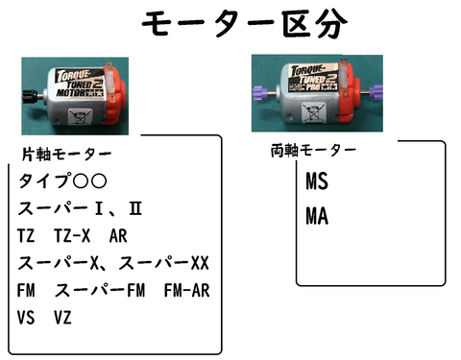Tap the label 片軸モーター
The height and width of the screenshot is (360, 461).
pos(66,154)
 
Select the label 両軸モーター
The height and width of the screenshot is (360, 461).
pos(314,151)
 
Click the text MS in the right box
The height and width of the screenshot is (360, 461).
pos(317,181)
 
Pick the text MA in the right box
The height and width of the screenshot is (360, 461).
pos(317,217)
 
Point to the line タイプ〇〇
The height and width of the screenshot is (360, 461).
pos(62,180)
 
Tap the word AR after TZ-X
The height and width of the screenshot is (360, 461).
pos(118,235)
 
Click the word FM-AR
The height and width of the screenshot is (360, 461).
pos(187,290)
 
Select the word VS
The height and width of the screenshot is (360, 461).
pos(27,316)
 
